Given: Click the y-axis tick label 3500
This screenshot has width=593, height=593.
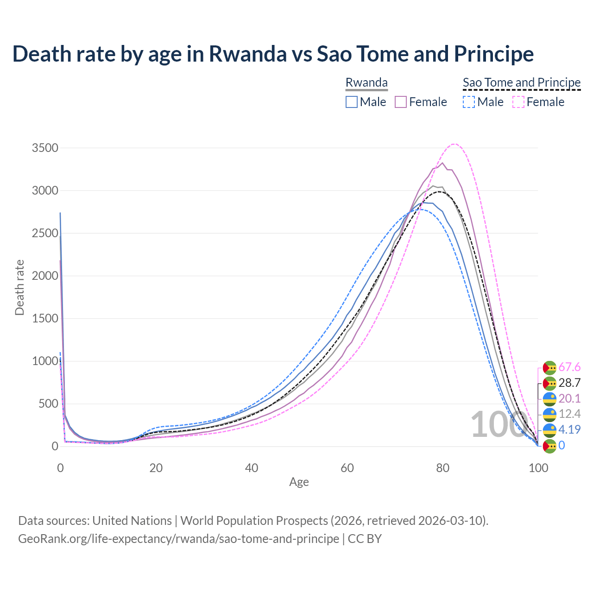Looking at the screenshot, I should [x=45, y=148].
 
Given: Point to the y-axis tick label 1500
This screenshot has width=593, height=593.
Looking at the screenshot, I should [x=45, y=319].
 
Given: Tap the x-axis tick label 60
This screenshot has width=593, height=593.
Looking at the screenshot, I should [x=347, y=468].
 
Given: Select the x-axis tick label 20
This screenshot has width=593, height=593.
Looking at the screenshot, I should [x=156, y=468].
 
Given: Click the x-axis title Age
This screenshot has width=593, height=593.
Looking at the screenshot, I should [x=299, y=482].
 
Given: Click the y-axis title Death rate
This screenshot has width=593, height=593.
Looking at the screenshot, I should [x=19, y=288].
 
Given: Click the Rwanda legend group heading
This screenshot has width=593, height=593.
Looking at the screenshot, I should [x=366, y=83].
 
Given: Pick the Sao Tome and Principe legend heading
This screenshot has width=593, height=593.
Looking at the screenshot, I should [x=522, y=83].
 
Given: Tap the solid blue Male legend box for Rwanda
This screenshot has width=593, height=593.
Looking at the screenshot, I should [x=352, y=102].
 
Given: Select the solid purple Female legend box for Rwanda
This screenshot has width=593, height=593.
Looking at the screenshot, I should [x=401, y=102].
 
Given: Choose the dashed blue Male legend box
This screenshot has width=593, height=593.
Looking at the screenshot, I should [x=469, y=102].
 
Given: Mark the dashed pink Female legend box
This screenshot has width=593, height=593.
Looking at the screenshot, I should [x=518, y=102].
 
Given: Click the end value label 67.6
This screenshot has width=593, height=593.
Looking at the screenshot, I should [x=569, y=367].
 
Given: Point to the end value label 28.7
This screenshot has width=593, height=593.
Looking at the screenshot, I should [x=569, y=383].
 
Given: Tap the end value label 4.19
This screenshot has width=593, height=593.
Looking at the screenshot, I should [x=569, y=429].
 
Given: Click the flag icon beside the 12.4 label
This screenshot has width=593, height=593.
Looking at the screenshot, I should [x=549, y=414].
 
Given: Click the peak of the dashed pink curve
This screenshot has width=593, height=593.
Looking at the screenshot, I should [x=454, y=144].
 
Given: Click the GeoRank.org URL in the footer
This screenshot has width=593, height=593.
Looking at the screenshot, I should [x=178, y=539].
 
